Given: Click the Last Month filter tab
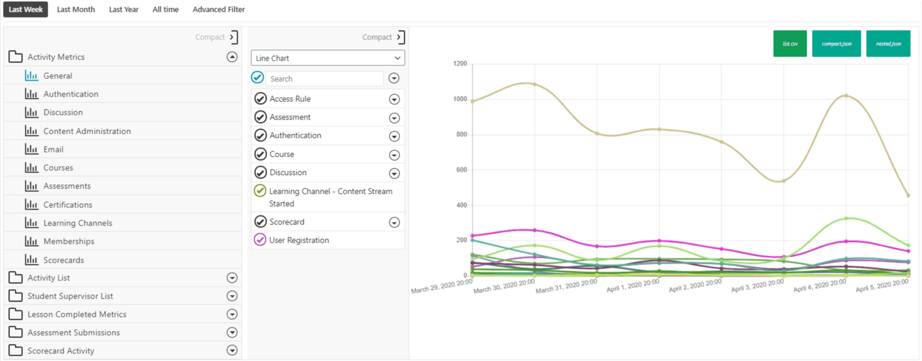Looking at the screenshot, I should click(75, 9).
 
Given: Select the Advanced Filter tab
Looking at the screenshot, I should click(218, 9).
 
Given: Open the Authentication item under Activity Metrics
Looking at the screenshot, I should click(71, 94).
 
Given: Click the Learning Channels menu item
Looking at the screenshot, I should click(78, 223).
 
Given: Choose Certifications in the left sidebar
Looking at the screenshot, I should click(68, 205).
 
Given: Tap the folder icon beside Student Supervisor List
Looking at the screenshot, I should click(15, 296).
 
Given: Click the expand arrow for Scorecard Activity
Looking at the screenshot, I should click(232, 351).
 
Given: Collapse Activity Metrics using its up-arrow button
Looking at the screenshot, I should click(232, 57).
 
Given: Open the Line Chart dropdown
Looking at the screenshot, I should click(328, 58).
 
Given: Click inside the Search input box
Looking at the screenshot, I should click(324, 78).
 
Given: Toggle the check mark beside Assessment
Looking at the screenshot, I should click(260, 117).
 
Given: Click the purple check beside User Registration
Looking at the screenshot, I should click(259, 240).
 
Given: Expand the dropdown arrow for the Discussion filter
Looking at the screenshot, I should click(394, 173).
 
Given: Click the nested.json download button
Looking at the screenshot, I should click(888, 44).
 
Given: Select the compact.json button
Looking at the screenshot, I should click(836, 44).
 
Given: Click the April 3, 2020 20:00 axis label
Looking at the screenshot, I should click(757, 286).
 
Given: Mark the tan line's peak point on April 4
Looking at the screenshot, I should click(846, 95).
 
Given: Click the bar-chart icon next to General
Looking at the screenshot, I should click(31, 76).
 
